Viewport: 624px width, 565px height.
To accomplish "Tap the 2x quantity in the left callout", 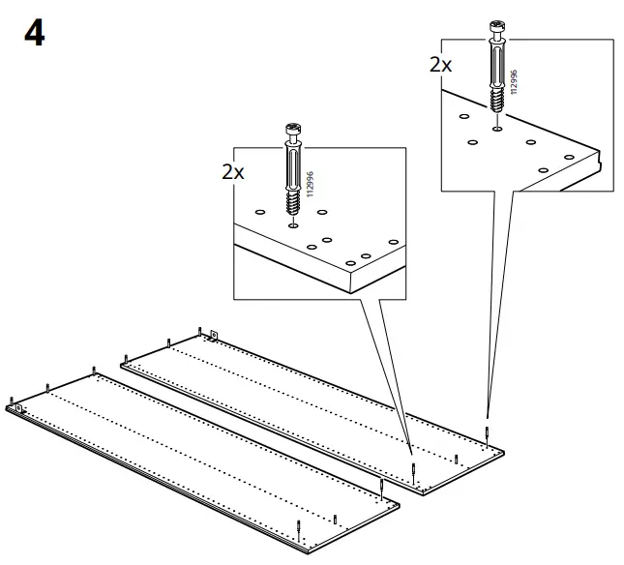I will click(x=232, y=172).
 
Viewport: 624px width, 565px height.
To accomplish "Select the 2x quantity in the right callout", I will click(x=440, y=65).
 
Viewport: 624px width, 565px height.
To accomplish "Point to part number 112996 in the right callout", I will click(x=514, y=81).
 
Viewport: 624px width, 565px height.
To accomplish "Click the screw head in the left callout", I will click(x=291, y=130).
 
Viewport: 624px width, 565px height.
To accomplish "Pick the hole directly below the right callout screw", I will click(x=496, y=126).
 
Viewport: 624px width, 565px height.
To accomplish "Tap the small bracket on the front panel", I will click(x=19, y=407).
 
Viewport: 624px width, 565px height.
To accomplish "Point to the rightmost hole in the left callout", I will click(x=391, y=243).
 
